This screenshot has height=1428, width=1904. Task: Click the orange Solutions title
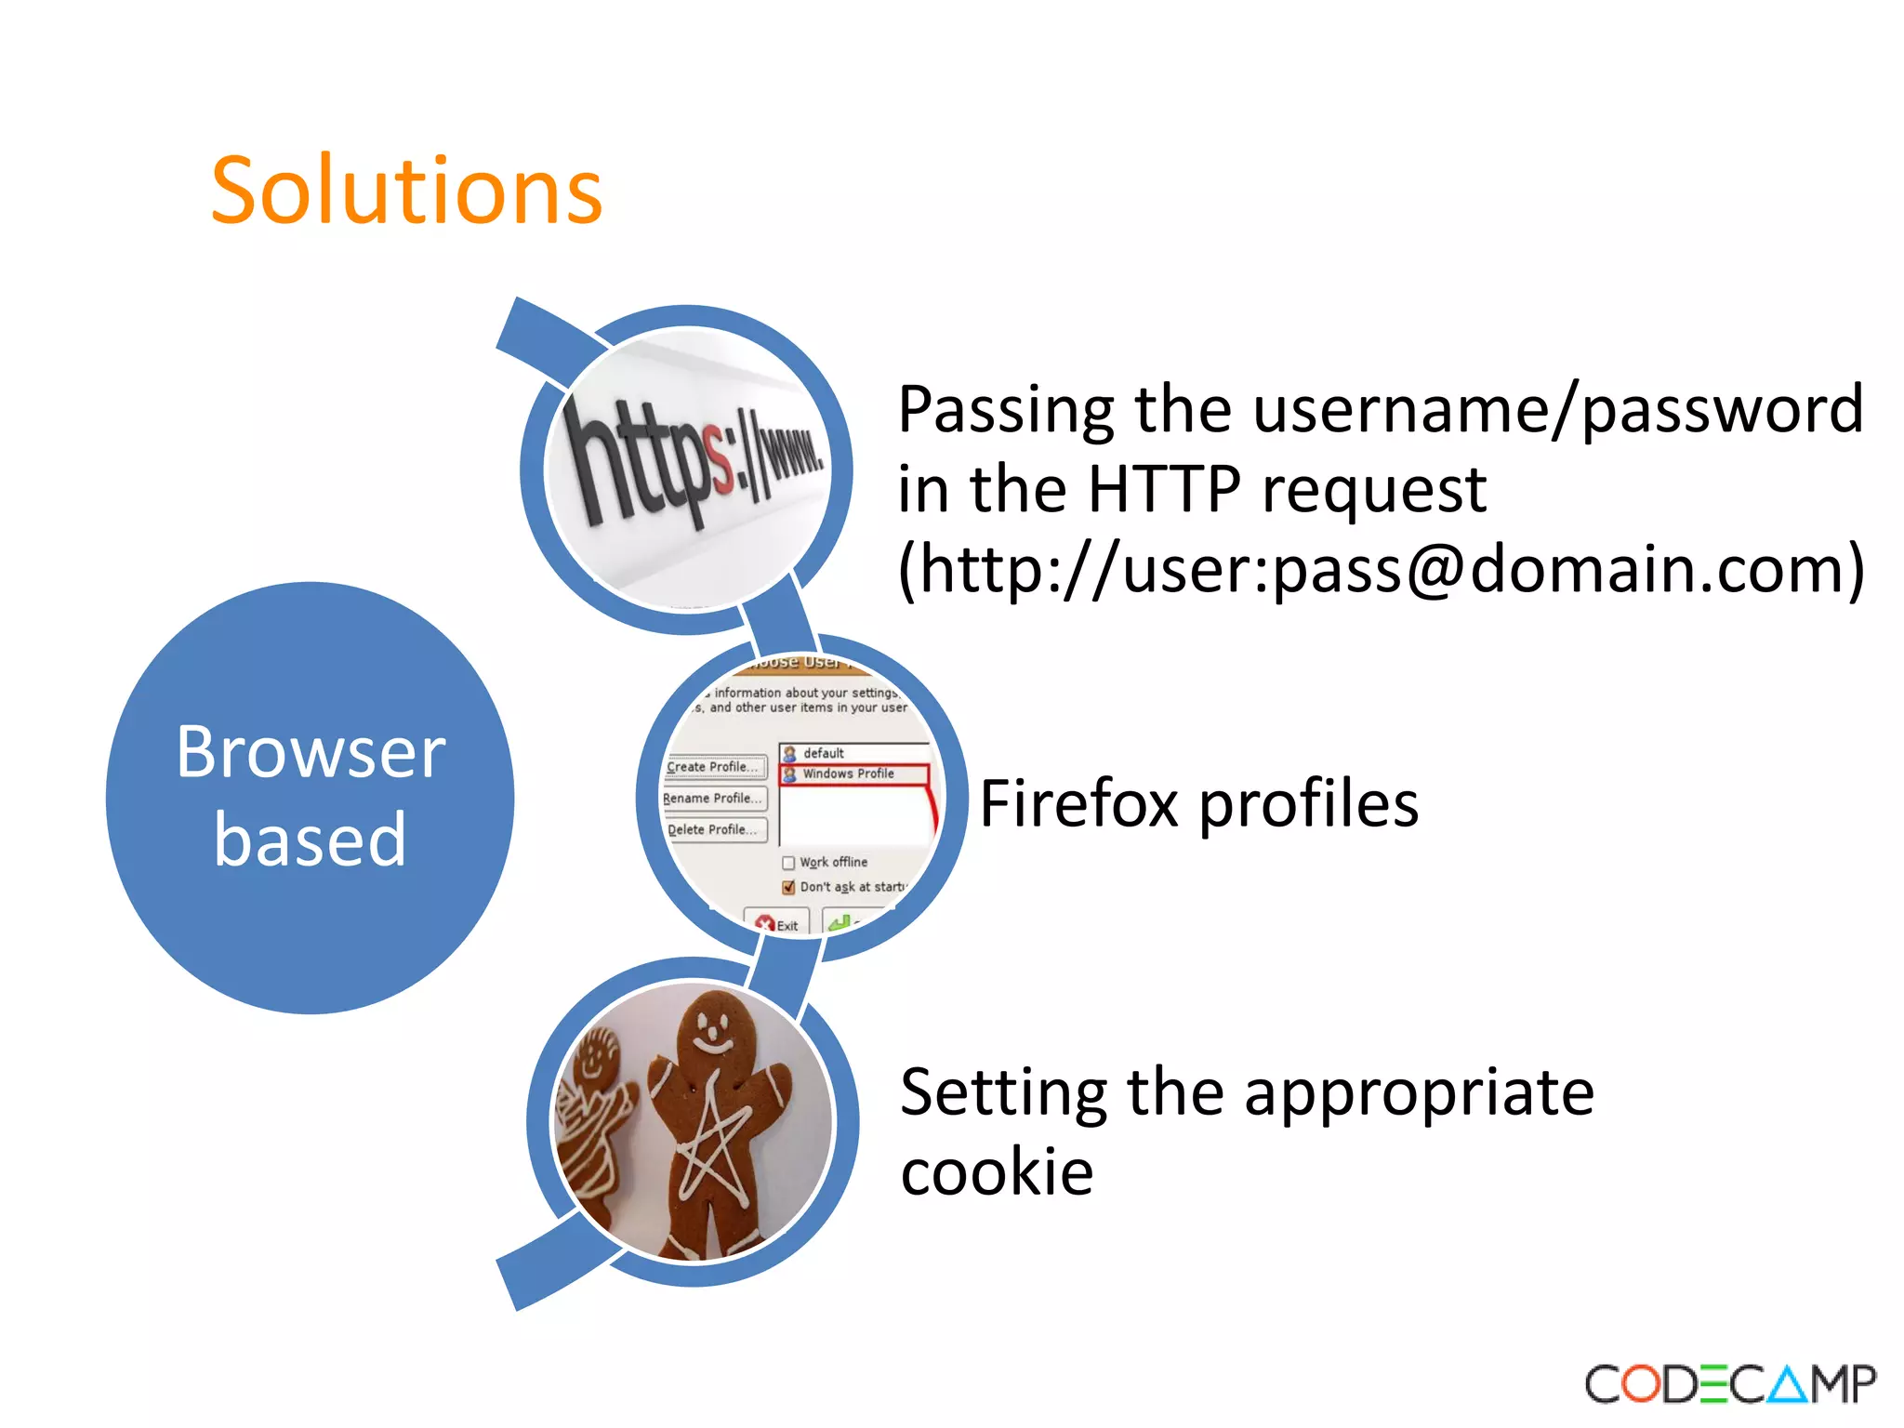tap(406, 192)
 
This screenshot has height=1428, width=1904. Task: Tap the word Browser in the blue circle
tap(311, 753)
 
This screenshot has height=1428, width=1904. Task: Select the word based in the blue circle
tap(311, 840)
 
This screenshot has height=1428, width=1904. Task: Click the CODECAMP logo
tap(1730, 1383)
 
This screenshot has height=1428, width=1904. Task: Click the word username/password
tap(1557, 409)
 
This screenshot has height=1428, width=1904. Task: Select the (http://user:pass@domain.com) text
tap(1381, 569)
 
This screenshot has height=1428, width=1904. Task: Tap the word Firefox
tap(1078, 804)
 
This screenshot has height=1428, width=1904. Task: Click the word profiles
tap(1308, 805)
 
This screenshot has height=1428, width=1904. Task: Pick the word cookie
tap(997, 1171)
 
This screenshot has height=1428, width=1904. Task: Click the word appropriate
tap(1419, 1093)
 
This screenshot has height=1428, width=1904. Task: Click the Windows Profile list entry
tap(848, 773)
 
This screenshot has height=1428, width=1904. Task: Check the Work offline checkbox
tap(788, 863)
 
